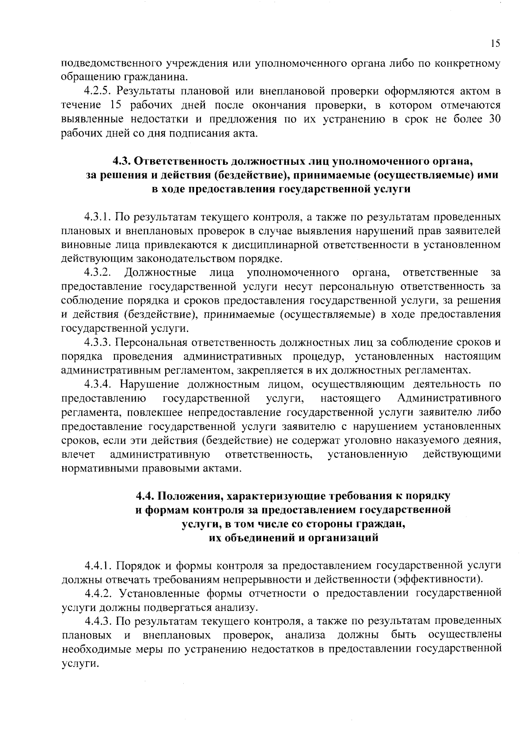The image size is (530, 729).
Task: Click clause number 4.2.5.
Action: click(98, 91)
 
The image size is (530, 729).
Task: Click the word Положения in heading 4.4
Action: click(189, 496)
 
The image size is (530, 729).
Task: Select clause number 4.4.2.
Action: click(98, 592)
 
